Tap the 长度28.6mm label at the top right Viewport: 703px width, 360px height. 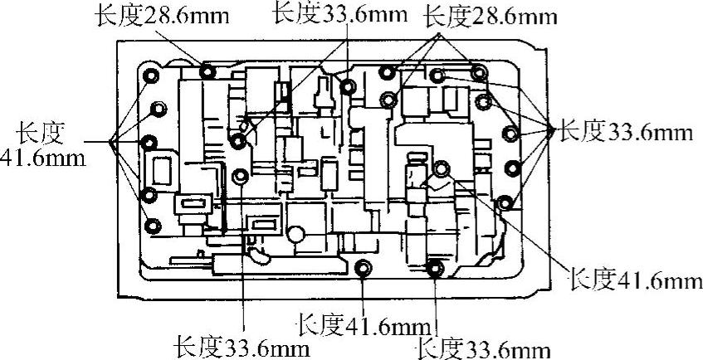coord(489,17)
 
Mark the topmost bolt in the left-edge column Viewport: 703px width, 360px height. coord(151,77)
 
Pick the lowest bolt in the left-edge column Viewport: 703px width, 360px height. coord(153,224)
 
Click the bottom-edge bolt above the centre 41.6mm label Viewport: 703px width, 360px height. coord(363,268)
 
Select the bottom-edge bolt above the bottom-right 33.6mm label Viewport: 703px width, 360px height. coord(434,268)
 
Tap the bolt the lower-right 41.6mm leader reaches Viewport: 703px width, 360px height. coord(441,169)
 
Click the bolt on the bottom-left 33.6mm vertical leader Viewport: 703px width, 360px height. coord(241,177)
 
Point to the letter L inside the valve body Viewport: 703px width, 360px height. coord(325,131)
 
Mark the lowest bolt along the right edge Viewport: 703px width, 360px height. coord(504,202)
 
